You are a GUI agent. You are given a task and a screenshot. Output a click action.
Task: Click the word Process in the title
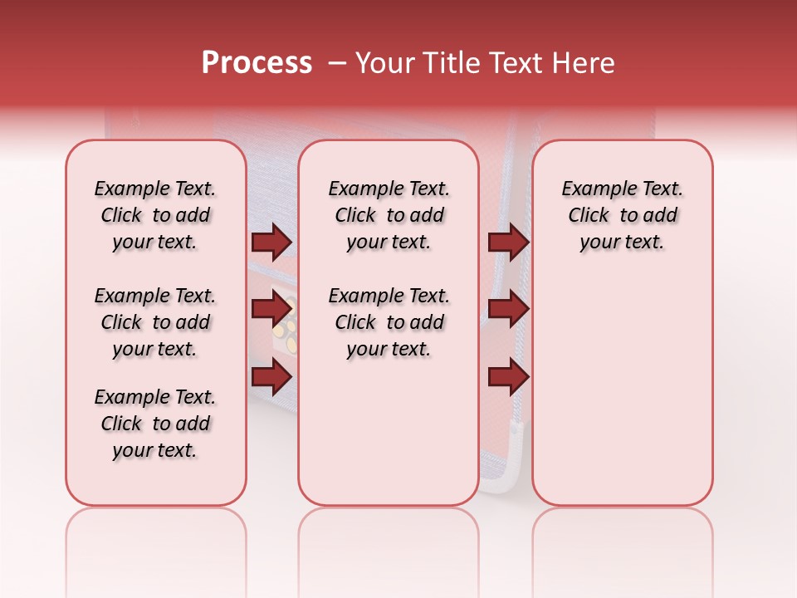pyautogui.click(x=257, y=63)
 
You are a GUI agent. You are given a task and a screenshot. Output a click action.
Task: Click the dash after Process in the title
pyautogui.click(x=338, y=63)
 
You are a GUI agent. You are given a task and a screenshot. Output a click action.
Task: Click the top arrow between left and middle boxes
pyautogui.click(x=271, y=242)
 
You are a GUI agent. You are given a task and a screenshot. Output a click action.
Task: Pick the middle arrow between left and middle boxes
pyautogui.click(x=271, y=309)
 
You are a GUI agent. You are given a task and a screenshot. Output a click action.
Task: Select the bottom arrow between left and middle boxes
pyautogui.click(x=271, y=377)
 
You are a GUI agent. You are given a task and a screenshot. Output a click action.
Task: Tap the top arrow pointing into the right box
pyautogui.click(x=508, y=242)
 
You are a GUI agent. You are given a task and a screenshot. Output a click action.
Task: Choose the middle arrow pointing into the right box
pyautogui.click(x=508, y=309)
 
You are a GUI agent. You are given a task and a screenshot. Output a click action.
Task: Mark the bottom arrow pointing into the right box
pyautogui.click(x=508, y=377)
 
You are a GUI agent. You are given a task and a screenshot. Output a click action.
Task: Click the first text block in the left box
pyautogui.click(x=155, y=215)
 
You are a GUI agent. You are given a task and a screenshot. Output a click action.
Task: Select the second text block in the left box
pyautogui.click(x=155, y=322)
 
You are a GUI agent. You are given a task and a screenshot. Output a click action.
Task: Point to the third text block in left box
pyautogui.click(x=155, y=424)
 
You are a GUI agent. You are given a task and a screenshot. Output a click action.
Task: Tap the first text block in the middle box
pyautogui.click(x=389, y=215)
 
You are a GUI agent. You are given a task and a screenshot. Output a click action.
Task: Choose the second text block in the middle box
pyautogui.click(x=389, y=322)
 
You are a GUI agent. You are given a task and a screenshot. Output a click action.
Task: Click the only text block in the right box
pyautogui.click(x=622, y=215)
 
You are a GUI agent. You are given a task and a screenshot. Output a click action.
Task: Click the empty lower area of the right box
pyautogui.click(x=622, y=399)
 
